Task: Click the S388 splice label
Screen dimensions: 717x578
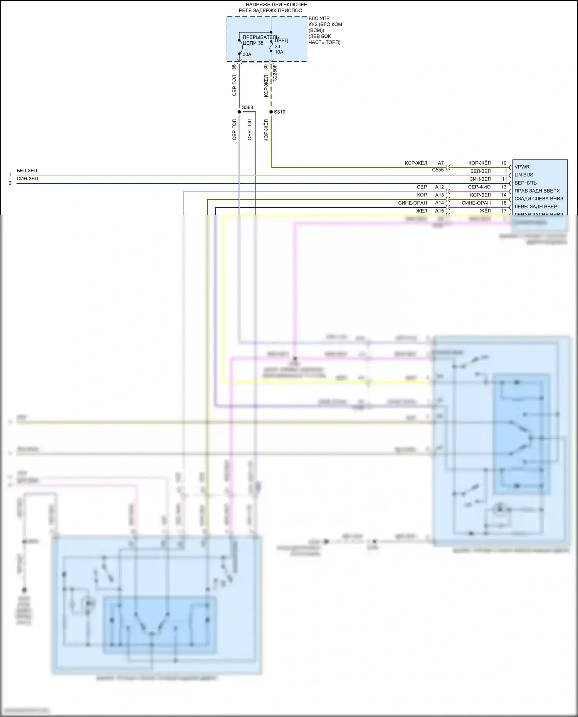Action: coord(247,107)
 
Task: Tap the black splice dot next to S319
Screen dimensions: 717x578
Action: coord(271,112)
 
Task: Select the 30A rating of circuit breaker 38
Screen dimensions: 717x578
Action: coord(247,54)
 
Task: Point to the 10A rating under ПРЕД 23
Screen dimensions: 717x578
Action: coord(279,52)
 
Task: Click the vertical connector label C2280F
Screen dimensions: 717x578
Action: coord(275,73)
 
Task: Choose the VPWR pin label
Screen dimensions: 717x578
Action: coord(522,167)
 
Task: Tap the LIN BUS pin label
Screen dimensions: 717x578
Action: coord(524,175)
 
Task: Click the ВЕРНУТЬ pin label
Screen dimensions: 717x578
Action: coord(526,183)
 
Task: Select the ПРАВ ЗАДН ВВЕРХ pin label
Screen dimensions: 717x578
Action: coord(537,191)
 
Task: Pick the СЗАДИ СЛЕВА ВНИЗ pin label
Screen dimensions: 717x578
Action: coord(539,199)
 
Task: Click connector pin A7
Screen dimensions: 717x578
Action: coord(441,163)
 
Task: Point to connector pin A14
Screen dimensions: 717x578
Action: coord(439,203)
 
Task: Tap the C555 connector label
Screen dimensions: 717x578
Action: coord(438,170)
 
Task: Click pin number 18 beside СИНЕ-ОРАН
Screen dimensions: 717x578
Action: coord(504,203)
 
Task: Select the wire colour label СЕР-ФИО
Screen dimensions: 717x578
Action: coord(479,187)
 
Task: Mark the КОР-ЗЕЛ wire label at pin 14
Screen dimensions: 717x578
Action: coord(480,195)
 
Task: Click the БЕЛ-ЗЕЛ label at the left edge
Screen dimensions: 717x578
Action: coord(27,170)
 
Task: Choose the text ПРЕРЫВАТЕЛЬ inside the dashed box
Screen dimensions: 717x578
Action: coord(260,37)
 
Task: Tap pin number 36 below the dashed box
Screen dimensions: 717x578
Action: coord(234,67)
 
